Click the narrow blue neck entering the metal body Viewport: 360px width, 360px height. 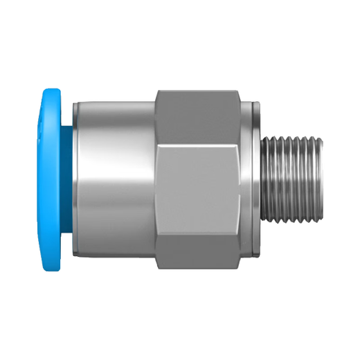69,180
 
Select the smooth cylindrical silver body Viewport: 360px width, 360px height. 114,180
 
